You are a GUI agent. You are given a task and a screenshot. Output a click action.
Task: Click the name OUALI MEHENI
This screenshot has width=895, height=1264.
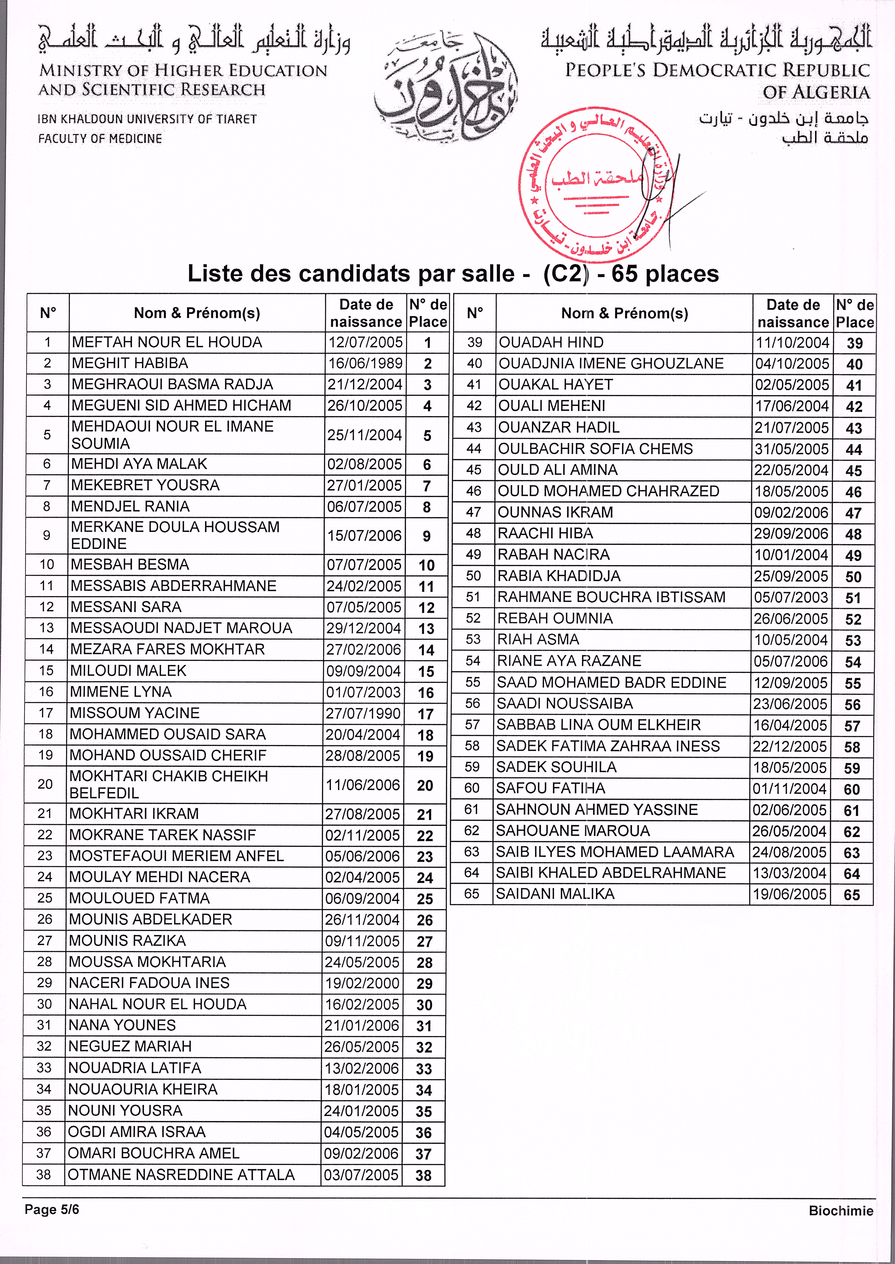(x=552, y=406)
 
